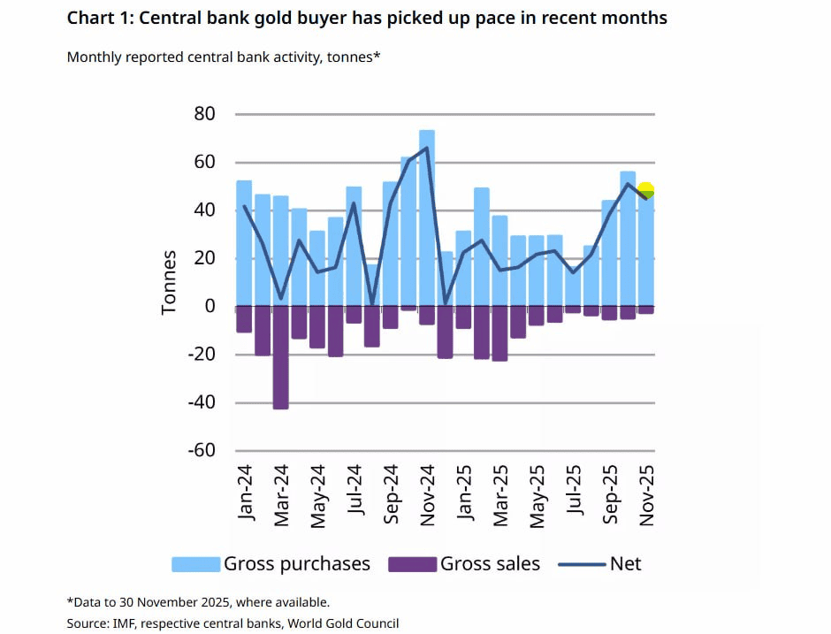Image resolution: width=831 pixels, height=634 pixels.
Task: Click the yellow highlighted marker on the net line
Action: point(645,190)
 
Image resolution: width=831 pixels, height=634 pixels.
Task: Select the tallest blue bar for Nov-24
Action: point(427,217)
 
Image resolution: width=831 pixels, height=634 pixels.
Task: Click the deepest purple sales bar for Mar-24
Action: point(280,357)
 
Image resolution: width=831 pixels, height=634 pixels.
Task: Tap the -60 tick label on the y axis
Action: point(201,450)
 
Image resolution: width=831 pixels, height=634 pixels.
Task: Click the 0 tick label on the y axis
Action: point(209,306)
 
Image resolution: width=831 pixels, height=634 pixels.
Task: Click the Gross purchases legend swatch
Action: point(194,564)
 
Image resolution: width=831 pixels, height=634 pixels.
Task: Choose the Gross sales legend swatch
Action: point(412,564)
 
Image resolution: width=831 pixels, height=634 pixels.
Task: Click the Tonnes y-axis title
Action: point(169,282)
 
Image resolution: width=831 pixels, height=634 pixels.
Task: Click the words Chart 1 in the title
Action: point(98,18)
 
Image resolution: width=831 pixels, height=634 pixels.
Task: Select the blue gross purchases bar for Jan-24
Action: point(244,243)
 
